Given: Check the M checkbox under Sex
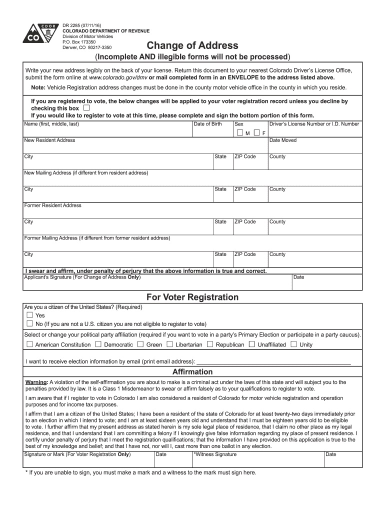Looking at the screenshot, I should point(240,133).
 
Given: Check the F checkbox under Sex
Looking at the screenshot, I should point(256,133).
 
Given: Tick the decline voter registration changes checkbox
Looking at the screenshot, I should point(87,108).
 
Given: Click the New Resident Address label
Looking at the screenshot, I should point(50,140).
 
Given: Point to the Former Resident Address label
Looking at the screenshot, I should point(53,205).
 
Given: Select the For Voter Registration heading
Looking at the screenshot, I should point(192,297).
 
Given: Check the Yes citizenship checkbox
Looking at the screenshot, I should point(29,315).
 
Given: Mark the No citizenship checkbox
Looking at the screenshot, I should point(29,323).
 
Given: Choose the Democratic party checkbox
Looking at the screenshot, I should point(98,344).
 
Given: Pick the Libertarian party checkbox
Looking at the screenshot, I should point(170,344).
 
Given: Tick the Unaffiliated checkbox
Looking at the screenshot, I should point(252,344).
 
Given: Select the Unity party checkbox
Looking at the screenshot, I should point(293,344).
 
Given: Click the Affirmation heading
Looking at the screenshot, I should point(192,372).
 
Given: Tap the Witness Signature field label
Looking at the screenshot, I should point(215,454).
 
